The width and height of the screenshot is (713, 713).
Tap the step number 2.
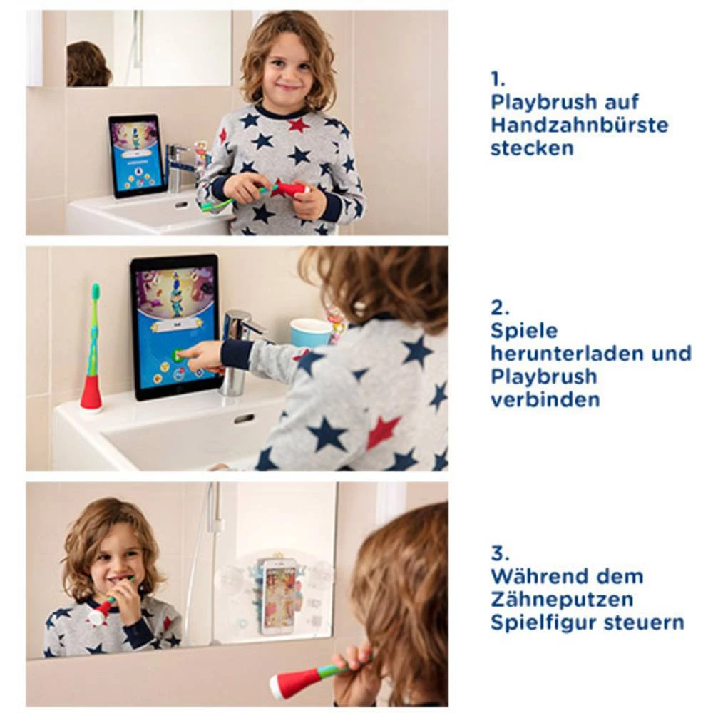pyautogui.click(x=500, y=307)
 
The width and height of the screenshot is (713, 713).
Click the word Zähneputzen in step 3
pyautogui.click(x=562, y=599)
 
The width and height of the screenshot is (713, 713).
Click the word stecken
pyautogui.click(x=531, y=148)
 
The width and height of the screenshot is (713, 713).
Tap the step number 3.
pyautogui.click(x=500, y=553)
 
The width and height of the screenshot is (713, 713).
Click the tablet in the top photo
pyautogui.click(x=136, y=155)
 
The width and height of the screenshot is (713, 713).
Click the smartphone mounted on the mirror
pyautogui.click(x=279, y=595)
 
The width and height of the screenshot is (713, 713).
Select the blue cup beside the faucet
pyautogui.click(x=311, y=333)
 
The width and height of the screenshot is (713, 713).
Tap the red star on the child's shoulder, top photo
pyautogui.click(x=298, y=125)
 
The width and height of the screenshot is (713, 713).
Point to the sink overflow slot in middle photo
pyautogui.click(x=244, y=419)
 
